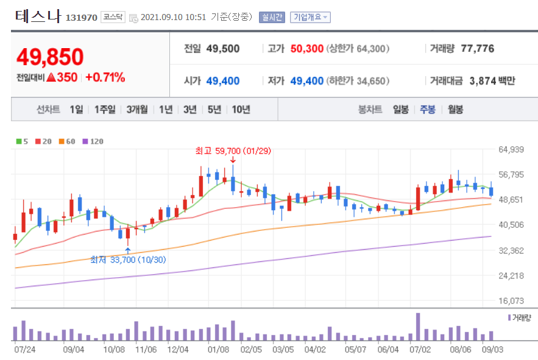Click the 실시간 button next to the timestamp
271,17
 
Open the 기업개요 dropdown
310,17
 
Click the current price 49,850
50,57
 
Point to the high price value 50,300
306,49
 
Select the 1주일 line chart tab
105,110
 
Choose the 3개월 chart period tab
137,110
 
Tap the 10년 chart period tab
241,110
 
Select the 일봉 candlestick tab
401,110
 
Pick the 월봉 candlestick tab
455,110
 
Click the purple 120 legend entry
93,141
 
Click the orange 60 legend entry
67,141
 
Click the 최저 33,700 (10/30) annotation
128,259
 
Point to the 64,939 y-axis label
511,149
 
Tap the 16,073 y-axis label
511,300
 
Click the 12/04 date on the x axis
178,350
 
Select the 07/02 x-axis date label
421,350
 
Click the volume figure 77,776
477,49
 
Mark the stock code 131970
81,18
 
